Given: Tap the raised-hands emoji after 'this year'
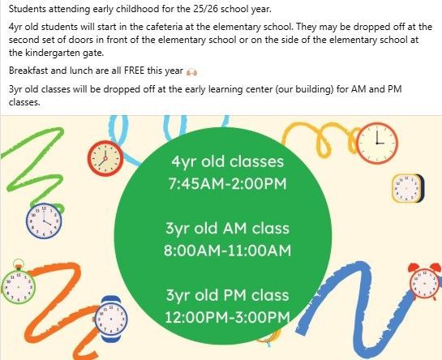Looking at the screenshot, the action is (191, 72).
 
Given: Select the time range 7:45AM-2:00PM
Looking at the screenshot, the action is (227, 184).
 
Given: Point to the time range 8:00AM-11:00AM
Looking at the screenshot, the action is (227, 251).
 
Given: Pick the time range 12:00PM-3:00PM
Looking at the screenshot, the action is (227, 317).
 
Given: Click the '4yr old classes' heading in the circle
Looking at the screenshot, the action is (227, 162).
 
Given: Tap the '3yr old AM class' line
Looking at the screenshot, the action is (227, 229).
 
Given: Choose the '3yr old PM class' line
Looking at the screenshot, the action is (227, 295).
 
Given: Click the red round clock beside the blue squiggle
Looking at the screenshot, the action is (105, 158).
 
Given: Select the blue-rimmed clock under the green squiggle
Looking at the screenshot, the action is (44, 221).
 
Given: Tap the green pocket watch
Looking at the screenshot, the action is (19, 284).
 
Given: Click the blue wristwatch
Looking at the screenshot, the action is (111, 319).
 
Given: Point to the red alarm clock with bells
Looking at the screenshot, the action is (424, 281).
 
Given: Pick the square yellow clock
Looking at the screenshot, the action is (408, 189).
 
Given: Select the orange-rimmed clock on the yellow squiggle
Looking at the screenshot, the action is (377, 143).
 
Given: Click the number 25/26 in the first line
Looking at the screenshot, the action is (206, 9).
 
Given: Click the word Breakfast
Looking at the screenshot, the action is (28, 71).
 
